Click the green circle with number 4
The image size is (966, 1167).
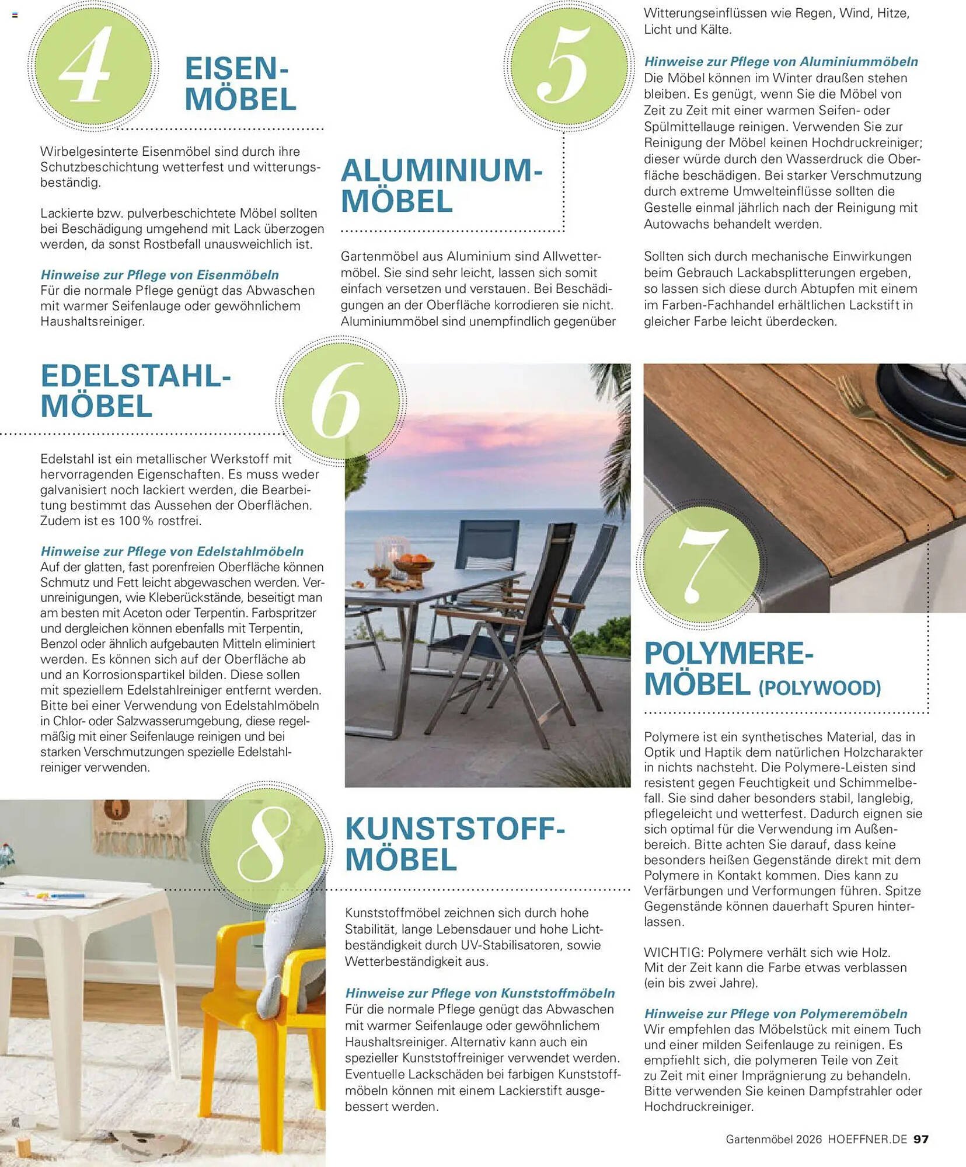[92, 65]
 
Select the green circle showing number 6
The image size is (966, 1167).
[341, 401]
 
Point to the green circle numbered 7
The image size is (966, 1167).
[700, 564]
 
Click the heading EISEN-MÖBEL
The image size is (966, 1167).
[240, 84]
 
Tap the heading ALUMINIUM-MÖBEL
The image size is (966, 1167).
[441, 186]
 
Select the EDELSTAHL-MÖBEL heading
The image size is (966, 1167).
[135, 391]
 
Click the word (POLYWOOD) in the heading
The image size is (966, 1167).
[819, 688]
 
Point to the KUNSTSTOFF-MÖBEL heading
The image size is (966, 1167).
[455, 844]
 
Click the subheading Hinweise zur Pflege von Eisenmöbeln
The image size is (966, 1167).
[159, 275]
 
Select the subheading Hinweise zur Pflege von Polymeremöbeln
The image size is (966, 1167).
[776, 1014]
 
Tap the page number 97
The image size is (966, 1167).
[920, 1139]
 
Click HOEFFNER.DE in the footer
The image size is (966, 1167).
[867, 1139]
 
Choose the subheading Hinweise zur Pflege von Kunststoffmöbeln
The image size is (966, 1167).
[480, 993]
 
